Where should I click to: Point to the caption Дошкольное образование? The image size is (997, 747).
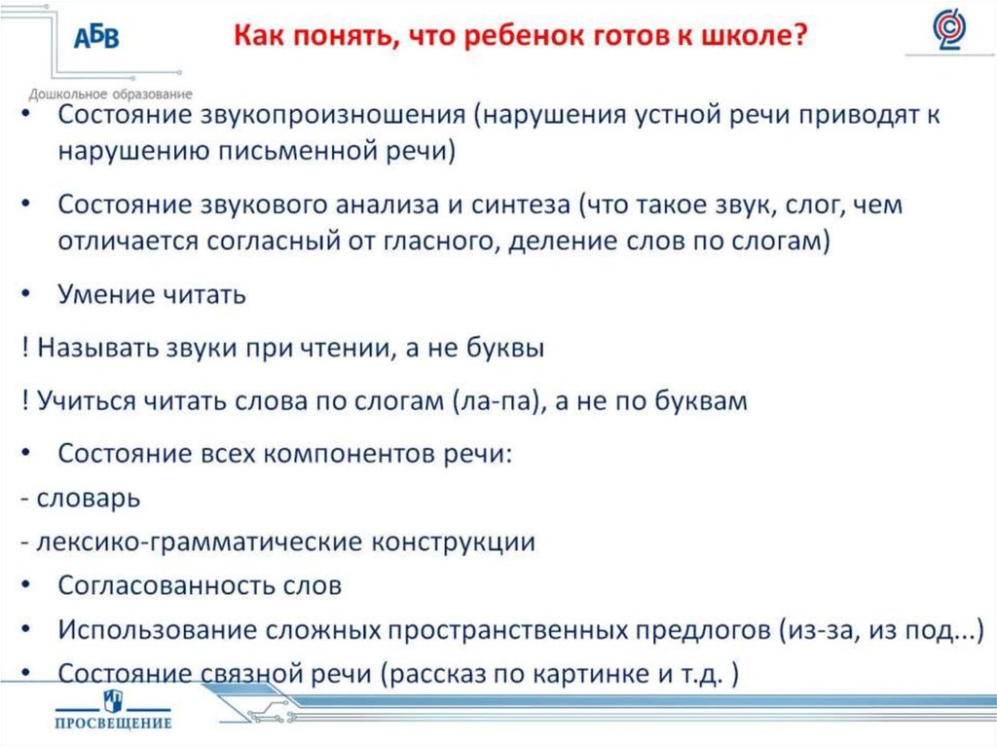110,93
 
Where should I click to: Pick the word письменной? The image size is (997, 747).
268,151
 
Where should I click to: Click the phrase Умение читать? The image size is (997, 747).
151,294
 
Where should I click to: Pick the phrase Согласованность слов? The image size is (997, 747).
200,586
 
